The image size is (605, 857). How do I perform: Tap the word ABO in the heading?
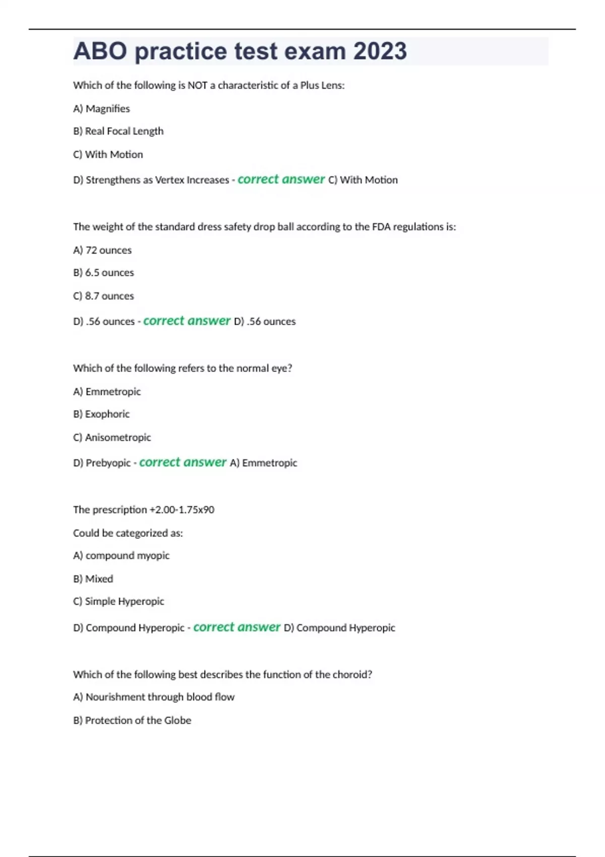pos(99,51)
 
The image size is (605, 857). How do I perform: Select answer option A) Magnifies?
pos(101,109)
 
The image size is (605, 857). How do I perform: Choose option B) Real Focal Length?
pos(118,131)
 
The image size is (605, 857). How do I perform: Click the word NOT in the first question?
pos(198,86)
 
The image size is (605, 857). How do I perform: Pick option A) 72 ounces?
pos(102,251)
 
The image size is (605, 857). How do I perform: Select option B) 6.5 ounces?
pos(103,273)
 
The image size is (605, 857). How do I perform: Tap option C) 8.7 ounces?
pos(103,296)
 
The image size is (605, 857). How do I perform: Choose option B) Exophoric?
pos(101,414)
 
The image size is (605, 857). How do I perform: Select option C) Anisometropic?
pos(112,438)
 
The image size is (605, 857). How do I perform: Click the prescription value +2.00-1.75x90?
pos(182,510)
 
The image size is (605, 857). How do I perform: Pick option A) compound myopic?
pos(121,556)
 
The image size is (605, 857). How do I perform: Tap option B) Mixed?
pos(93,579)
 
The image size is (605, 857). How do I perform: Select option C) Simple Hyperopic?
pos(118,601)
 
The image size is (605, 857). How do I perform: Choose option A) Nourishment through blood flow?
pos(154,697)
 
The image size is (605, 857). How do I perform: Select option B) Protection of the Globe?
pos(132,720)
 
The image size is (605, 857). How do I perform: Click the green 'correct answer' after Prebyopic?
pos(183,462)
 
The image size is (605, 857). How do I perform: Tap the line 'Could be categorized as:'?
pos(128,533)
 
